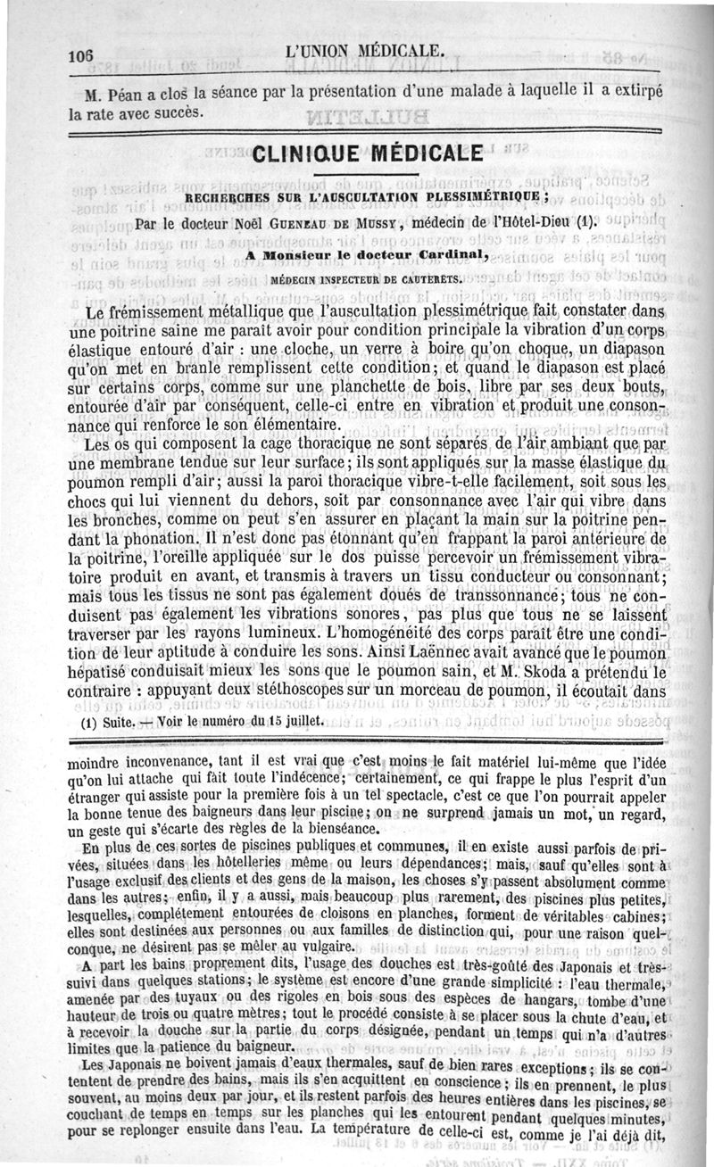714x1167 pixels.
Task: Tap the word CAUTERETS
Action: tap(426, 278)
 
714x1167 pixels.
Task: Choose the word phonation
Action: tap(151, 539)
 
